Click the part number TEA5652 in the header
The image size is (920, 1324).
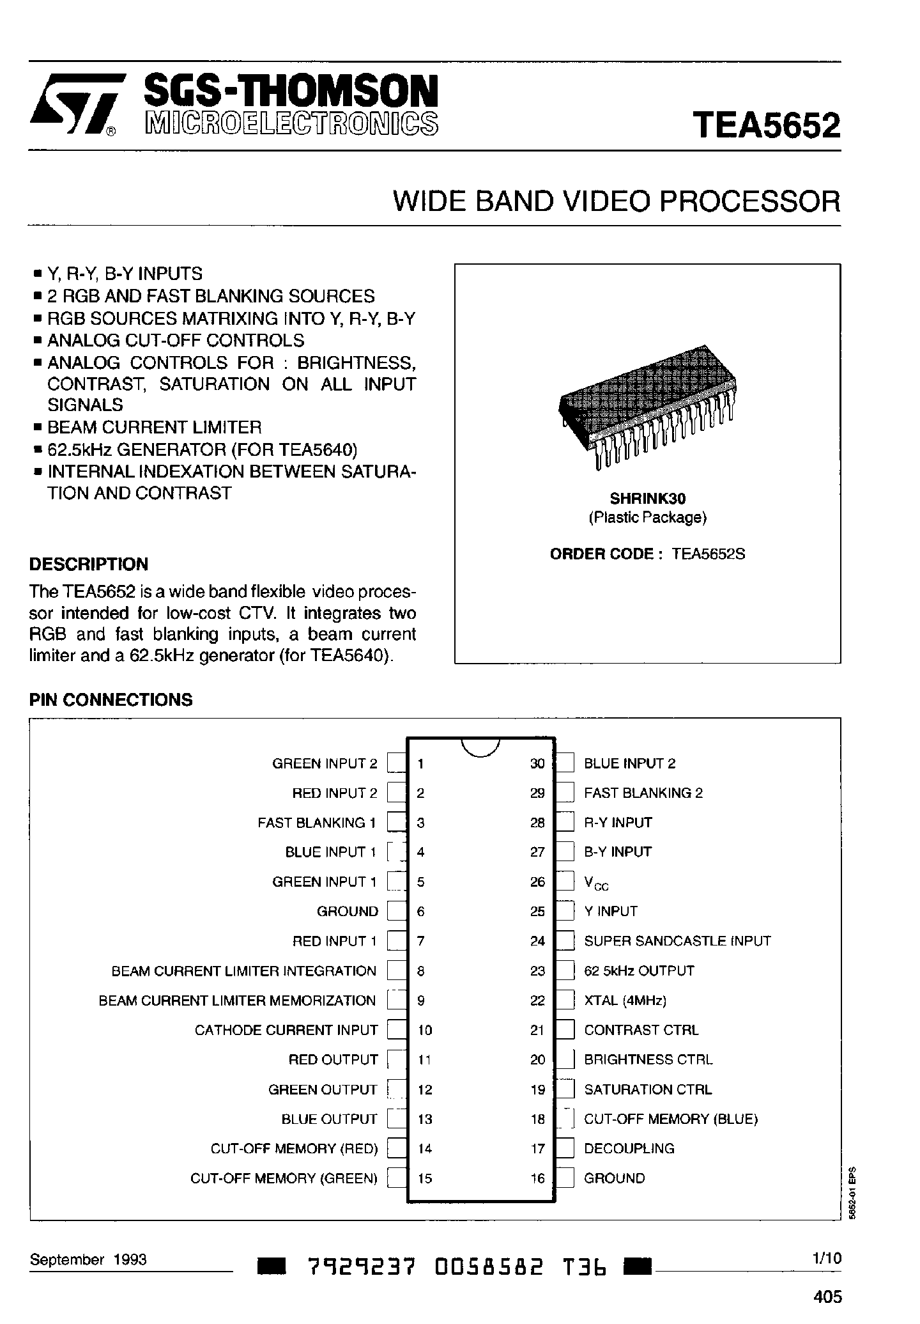pyautogui.click(x=766, y=125)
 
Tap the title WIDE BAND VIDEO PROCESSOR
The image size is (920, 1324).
pyautogui.click(x=617, y=202)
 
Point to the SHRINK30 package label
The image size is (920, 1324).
pyautogui.click(x=647, y=497)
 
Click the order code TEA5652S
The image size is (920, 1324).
pyautogui.click(x=709, y=554)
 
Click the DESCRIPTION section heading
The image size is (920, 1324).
pyautogui.click(x=89, y=564)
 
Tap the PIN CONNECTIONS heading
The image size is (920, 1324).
pyautogui.click(x=111, y=699)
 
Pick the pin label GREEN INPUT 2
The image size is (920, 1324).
pyautogui.click(x=325, y=763)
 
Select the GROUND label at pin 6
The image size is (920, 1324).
pyautogui.click(x=348, y=911)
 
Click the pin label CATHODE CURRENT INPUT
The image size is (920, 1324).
pyautogui.click(x=286, y=1030)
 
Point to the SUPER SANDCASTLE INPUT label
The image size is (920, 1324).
pyautogui.click(x=677, y=941)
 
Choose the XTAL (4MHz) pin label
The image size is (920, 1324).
pyautogui.click(x=625, y=1001)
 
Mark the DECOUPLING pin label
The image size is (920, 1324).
pyautogui.click(x=629, y=1148)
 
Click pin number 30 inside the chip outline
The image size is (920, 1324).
pyautogui.click(x=537, y=763)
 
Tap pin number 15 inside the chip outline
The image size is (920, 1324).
pyautogui.click(x=425, y=1178)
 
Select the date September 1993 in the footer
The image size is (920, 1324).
pyautogui.click(x=88, y=1259)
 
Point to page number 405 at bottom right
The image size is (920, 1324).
pyautogui.click(x=828, y=1297)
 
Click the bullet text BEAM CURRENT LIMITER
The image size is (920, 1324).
pyautogui.click(x=155, y=427)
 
